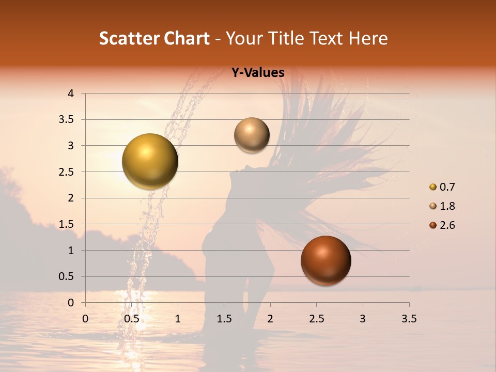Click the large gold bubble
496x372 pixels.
150,161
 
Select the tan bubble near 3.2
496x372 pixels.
252,135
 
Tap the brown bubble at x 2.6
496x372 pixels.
326,260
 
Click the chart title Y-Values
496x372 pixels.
258,73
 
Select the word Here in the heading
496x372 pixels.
368,38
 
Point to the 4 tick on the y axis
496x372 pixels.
70,94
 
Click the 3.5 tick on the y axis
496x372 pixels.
67,120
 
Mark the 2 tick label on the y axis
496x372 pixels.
70,198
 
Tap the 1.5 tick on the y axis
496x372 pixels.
67,224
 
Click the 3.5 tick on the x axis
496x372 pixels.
409,319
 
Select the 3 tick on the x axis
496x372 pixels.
363,319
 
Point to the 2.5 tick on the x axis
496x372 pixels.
316,319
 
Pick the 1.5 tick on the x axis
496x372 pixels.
224,319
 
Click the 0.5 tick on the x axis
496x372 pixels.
131,319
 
